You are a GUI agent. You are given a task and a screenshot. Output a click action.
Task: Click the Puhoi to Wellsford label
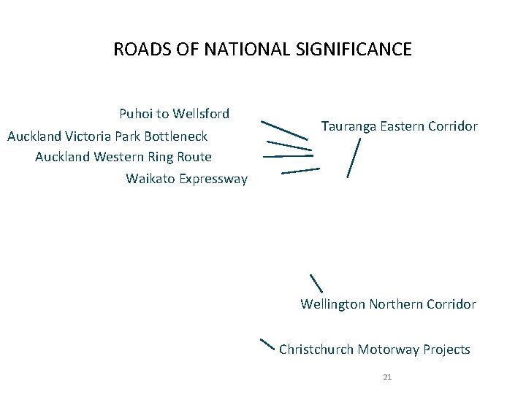(x=174, y=114)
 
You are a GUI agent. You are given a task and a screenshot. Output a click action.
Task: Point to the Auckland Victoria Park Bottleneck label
(x=107, y=136)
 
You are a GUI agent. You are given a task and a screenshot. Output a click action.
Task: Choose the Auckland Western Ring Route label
(x=123, y=157)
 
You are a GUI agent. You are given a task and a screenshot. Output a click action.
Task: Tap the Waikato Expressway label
(x=186, y=179)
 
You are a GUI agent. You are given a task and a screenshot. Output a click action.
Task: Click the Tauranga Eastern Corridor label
(x=399, y=126)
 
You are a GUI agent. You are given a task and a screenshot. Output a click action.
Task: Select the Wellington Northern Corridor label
(x=388, y=304)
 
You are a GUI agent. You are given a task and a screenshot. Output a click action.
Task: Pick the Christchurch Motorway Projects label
(x=375, y=349)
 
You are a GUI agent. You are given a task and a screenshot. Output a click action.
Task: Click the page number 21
(x=387, y=377)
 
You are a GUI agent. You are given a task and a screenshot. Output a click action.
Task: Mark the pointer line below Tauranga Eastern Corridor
(x=354, y=158)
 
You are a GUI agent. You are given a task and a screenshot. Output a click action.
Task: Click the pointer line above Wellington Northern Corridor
(x=316, y=283)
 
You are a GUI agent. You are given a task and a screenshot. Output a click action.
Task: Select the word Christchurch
(x=316, y=349)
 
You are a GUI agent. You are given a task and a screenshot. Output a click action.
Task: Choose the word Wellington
(x=333, y=304)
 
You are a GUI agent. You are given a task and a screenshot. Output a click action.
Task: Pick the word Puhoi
(x=135, y=114)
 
